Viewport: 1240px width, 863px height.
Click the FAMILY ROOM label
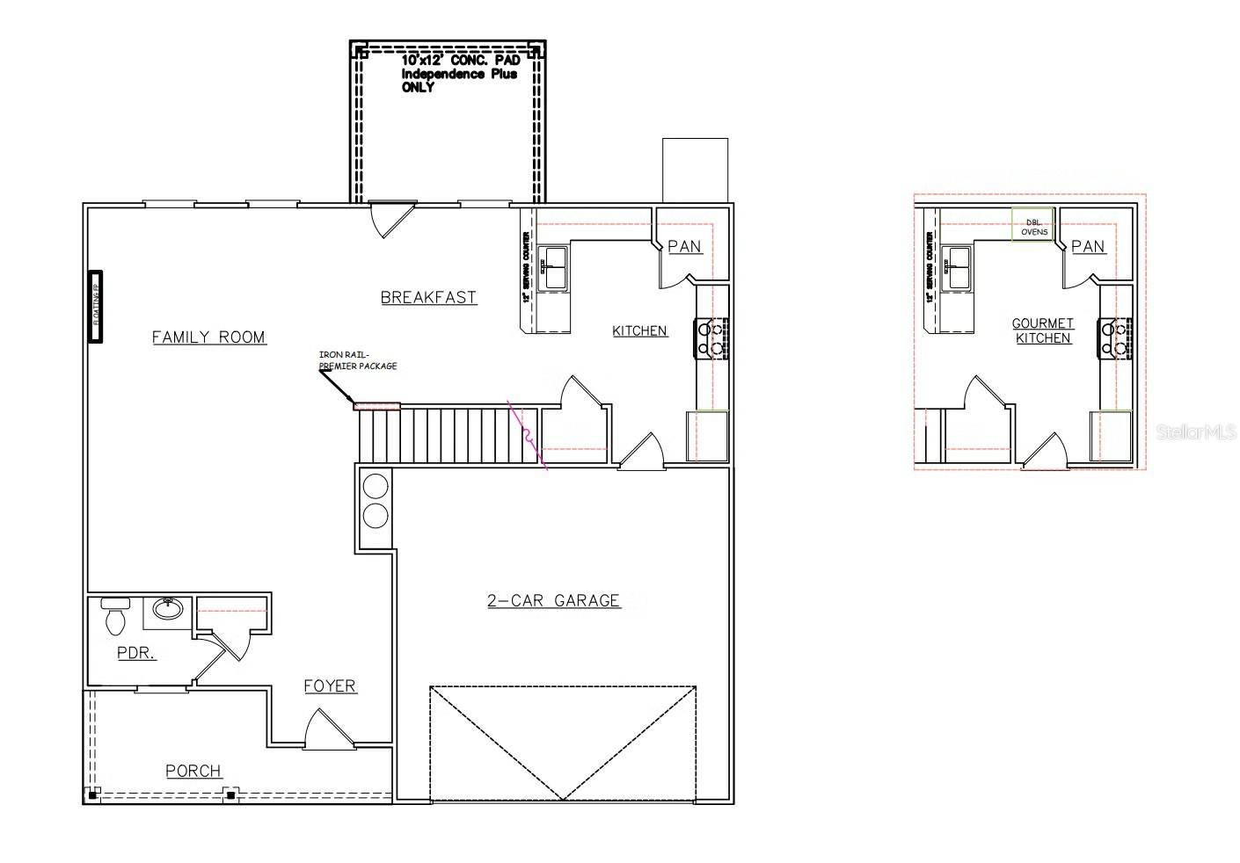click(x=208, y=337)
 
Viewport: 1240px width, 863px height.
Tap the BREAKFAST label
click(x=428, y=297)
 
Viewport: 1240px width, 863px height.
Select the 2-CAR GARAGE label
click(x=553, y=600)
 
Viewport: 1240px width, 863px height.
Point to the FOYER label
click(x=330, y=685)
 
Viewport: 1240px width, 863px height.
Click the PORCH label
click(x=193, y=771)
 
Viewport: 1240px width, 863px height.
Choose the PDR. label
click(x=136, y=653)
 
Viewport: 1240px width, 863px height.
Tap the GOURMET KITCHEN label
click(x=1043, y=330)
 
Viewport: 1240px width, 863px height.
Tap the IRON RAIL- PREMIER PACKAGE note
click(x=357, y=360)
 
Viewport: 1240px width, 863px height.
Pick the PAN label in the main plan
click(x=684, y=246)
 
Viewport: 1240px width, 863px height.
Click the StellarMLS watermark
click(x=1197, y=431)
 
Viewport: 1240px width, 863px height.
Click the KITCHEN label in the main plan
click(x=639, y=330)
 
